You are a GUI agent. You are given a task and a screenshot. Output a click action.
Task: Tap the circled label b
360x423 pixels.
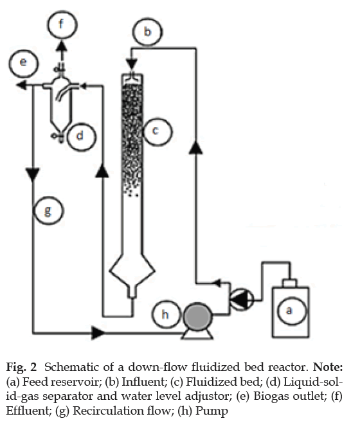(x=147, y=32)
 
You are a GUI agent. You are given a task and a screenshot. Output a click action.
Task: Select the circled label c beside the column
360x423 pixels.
(x=156, y=132)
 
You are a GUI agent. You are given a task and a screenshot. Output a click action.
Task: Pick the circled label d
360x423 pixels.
(x=81, y=136)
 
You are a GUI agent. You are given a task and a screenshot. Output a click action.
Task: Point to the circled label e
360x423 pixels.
(x=24, y=64)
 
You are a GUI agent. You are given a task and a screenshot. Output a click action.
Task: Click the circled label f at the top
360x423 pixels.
(x=62, y=25)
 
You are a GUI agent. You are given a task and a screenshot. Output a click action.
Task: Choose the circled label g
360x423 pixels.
(x=49, y=211)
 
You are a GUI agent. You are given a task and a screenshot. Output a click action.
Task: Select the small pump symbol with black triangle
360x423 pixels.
(x=242, y=299)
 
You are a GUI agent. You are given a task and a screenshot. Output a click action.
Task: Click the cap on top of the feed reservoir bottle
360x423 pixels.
(x=289, y=283)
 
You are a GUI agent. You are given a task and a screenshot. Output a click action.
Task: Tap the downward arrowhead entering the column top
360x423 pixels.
(x=132, y=65)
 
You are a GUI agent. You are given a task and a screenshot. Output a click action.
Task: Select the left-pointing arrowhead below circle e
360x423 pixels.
(x=21, y=85)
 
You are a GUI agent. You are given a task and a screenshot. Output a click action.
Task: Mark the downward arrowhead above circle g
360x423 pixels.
(x=33, y=174)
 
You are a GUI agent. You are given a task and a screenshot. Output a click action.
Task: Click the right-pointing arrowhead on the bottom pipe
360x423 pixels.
(x=98, y=333)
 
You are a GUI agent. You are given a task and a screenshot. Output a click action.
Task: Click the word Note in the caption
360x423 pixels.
(x=328, y=368)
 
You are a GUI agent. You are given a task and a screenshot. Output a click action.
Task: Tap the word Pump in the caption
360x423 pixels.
(x=212, y=411)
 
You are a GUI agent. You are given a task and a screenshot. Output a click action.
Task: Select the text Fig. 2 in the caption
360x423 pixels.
(x=21, y=368)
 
